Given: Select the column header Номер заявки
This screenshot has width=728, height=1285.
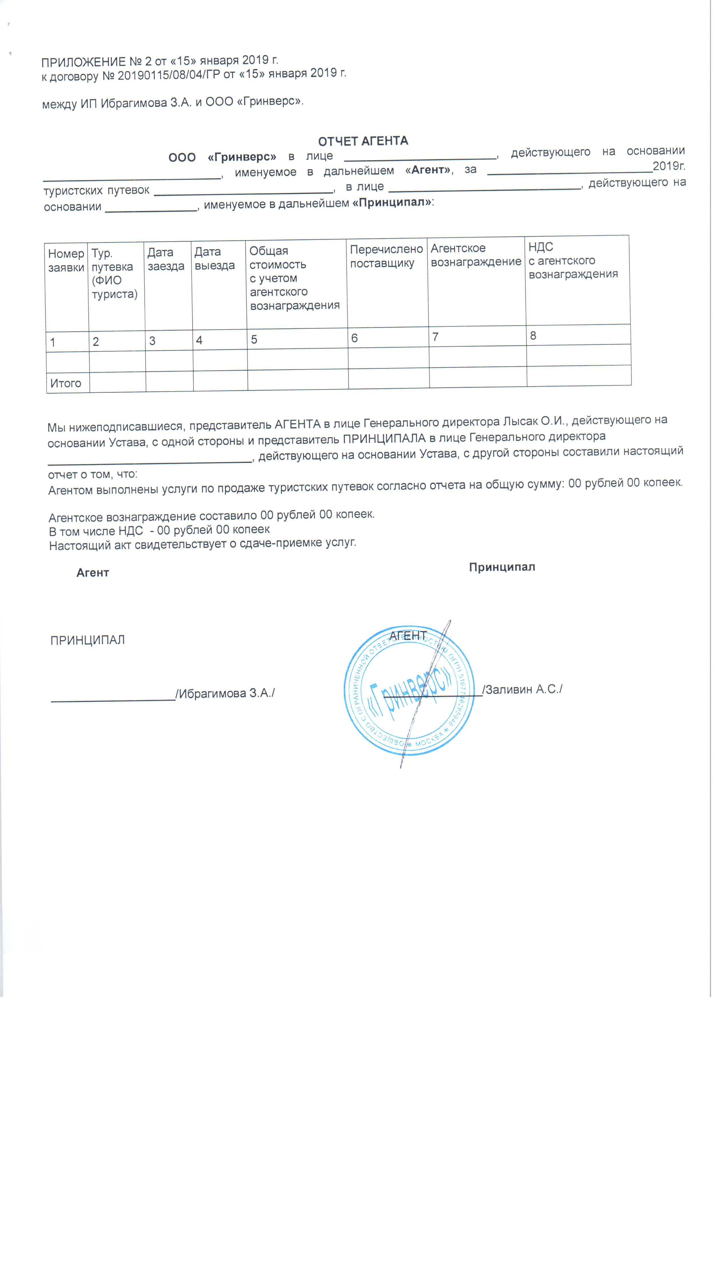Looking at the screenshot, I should point(66,260).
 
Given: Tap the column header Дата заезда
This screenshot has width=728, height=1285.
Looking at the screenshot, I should point(165,259).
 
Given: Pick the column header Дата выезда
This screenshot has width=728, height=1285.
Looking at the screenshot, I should point(214,258).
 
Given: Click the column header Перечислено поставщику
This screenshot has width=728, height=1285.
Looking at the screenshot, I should point(386,256).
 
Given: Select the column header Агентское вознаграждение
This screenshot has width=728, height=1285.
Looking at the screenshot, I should point(476,255).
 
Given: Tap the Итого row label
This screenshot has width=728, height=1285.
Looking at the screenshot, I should point(65,383).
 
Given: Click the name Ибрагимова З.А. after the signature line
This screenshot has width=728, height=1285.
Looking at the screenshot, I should point(225,693).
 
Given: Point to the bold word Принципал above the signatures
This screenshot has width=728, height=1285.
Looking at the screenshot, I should point(502,567).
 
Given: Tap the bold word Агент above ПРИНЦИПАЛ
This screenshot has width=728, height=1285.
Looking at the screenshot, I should point(93,573).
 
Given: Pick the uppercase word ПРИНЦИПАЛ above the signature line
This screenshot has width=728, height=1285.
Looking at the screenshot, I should point(87,640).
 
